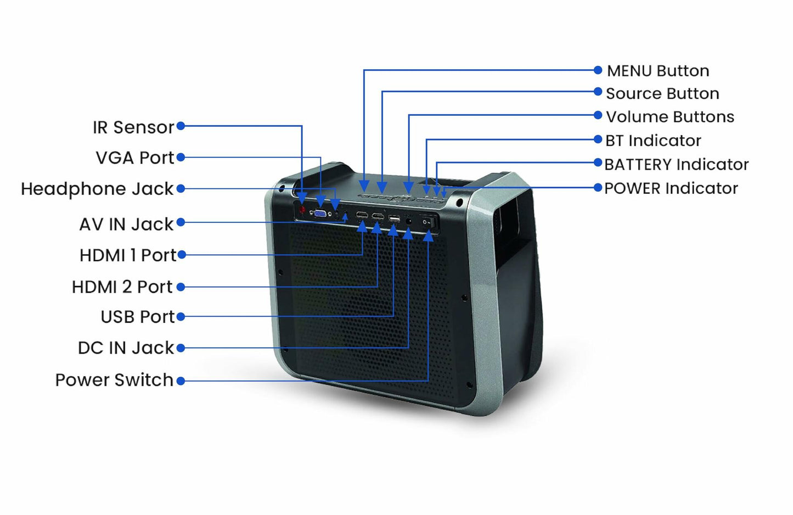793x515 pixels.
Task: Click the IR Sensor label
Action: point(133,127)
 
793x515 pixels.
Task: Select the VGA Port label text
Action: point(134,158)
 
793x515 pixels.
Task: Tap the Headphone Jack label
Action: point(97,189)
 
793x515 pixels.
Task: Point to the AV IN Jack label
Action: point(126,224)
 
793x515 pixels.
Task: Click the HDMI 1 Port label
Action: point(128,255)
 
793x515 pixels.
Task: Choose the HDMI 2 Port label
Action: point(122,287)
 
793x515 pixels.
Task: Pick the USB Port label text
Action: point(137,317)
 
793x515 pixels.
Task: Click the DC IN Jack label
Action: point(126,348)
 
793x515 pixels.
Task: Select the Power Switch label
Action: point(114,380)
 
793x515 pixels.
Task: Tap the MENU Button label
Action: point(658,71)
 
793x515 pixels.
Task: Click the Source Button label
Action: point(662,94)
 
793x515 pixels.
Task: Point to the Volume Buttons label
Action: point(670,117)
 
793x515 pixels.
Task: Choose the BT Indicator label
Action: point(653,141)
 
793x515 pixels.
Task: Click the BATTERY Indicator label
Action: point(676,164)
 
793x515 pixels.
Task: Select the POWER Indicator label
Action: point(671,188)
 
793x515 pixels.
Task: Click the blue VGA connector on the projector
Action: point(320,214)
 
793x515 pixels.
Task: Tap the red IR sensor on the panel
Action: point(302,210)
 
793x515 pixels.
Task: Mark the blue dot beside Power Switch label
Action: point(181,380)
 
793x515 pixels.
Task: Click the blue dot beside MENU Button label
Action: point(598,70)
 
